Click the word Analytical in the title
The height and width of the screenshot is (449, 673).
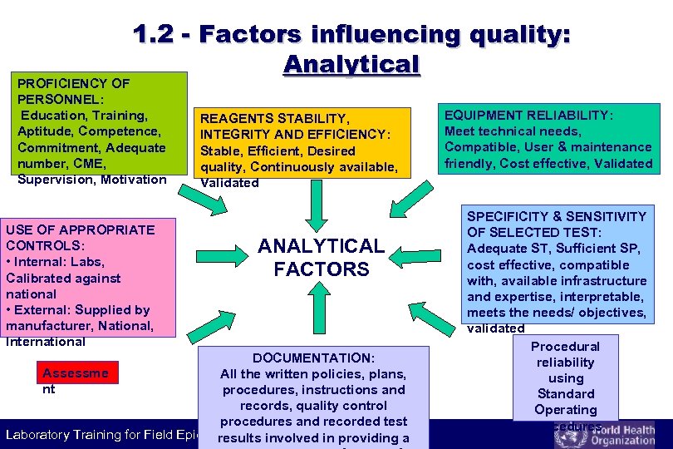[351, 64]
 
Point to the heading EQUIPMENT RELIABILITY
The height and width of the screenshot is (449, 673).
[529, 116]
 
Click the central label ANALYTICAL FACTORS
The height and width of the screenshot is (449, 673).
[321, 257]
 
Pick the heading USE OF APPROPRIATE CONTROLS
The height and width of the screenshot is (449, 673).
[80, 238]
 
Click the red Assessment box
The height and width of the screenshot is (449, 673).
[75, 373]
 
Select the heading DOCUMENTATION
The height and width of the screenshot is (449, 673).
[313, 358]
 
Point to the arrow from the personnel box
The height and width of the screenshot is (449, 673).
[199, 197]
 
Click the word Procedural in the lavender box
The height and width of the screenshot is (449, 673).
[565, 346]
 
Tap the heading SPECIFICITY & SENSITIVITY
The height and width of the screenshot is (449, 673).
[557, 224]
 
